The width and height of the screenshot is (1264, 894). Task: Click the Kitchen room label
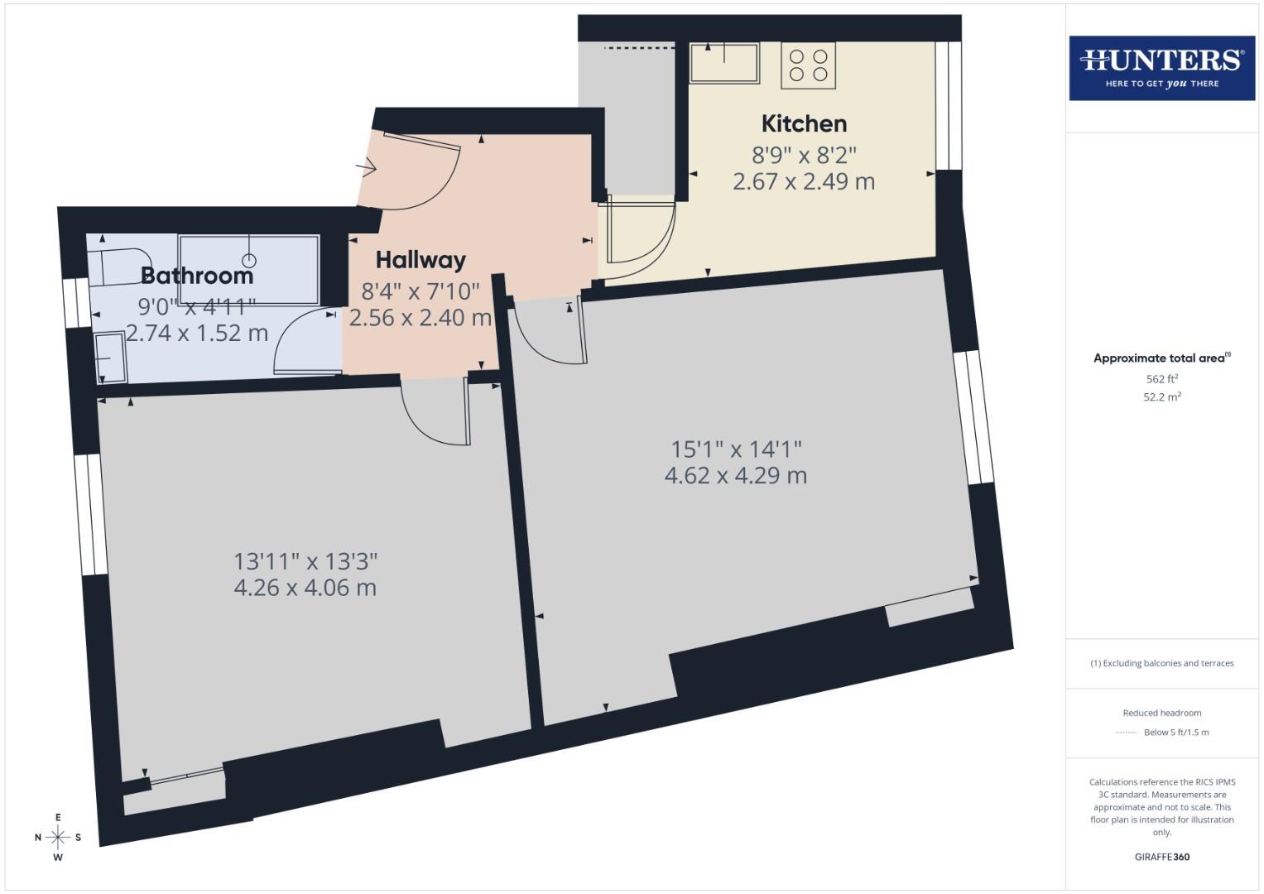pyautogui.click(x=804, y=124)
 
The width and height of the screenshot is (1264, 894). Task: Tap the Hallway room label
pyautogui.click(x=421, y=260)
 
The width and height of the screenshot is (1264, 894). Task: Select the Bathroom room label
pyautogui.click(x=197, y=276)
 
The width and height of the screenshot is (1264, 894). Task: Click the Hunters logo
pyautogui.click(x=1161, y=68)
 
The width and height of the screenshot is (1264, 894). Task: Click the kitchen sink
pyautogui.click(x=724, y=62)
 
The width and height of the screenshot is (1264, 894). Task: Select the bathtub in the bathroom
pyautogui.click(x=249, y=258)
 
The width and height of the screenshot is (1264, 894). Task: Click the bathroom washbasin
pyautogui.click(x=109, y=358)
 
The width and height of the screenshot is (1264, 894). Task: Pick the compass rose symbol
pyautogui.click(x=58, y=837)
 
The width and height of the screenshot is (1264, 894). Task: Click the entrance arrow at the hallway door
pyautogui.click(x=366, y=168)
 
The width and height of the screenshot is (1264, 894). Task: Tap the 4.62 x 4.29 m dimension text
pyautogui.click(x=735, y=476)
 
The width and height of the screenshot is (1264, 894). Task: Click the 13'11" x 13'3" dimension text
pyautogui.click(x=305, y=561)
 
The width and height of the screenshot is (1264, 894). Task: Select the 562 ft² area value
pyautogui.click(x=1161, y=379)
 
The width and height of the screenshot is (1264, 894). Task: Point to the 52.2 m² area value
pyautogui.click(x=1161, y=397)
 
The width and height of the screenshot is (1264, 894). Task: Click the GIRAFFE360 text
pyautogui.click(x=1161, y=857)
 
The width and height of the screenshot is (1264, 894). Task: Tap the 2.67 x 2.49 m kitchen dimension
pyautogui.click(x=803, y=181)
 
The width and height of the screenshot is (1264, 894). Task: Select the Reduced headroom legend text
pyautogui.click(x=1161, y=713)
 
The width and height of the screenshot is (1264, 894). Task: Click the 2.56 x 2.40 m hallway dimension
pyautogui.click(x=420, y=318)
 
